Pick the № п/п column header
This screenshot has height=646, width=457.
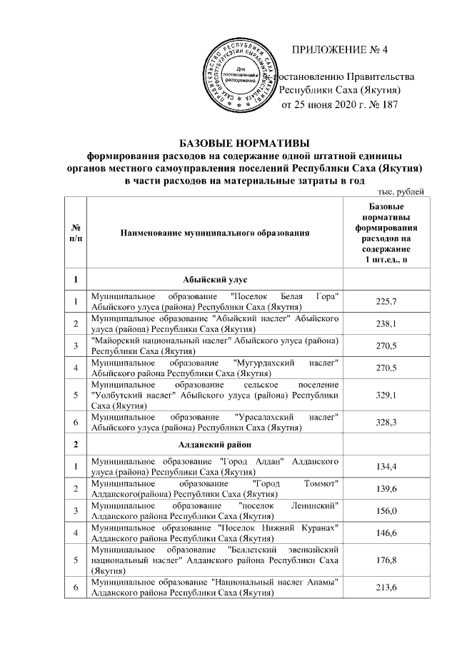click(75, 233)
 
